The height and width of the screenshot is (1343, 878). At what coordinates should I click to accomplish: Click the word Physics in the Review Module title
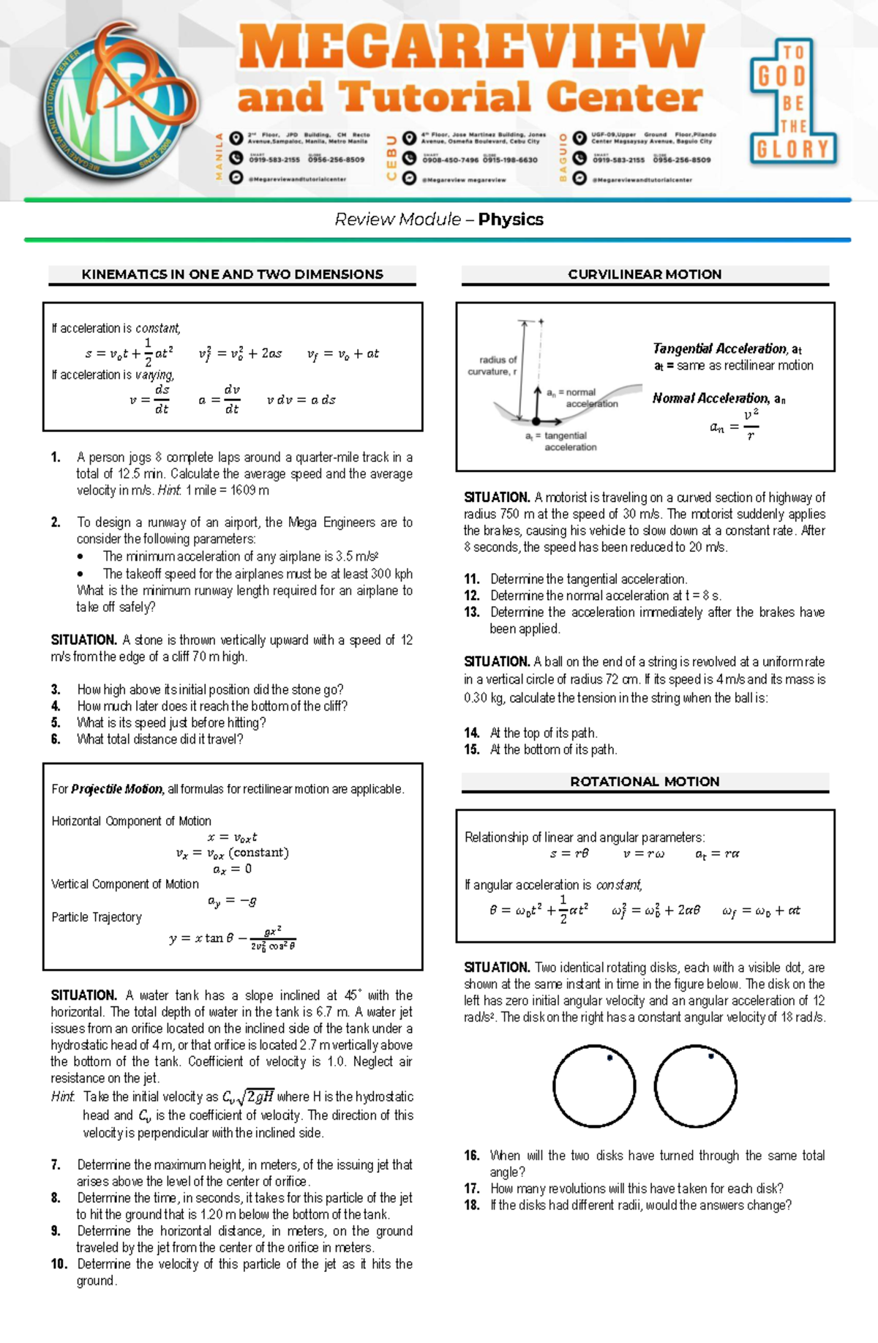pos(511,220)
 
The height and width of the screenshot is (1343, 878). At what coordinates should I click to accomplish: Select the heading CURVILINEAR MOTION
pos(645,274)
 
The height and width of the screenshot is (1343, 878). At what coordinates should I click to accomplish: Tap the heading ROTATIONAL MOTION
pos(645,782)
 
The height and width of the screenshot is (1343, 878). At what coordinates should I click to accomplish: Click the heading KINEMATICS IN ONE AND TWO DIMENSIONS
pos(232,274)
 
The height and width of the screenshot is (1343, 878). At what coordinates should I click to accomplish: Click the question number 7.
pos(56,1164)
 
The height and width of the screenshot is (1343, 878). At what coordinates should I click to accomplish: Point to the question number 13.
pos(472,612)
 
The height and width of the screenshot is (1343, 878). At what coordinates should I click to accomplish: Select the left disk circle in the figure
pos(594,1086)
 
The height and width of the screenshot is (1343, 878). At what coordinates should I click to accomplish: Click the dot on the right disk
pos(710,1056)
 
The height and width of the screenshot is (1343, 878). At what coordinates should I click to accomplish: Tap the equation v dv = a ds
pos(301,400)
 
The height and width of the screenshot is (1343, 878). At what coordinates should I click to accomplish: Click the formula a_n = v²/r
pos(734,425)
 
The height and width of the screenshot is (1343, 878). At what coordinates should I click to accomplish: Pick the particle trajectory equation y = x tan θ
pos(232,938)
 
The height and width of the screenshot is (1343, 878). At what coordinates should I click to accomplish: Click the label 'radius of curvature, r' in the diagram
pos(492,366)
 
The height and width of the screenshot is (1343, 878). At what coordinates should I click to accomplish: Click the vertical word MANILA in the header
pos(218,157)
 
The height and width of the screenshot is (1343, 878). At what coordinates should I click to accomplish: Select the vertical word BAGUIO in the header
pos(563,157)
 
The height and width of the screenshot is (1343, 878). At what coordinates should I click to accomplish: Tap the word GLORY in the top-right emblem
pos(792,150)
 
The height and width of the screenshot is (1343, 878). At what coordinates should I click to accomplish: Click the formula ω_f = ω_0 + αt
pos(760,911)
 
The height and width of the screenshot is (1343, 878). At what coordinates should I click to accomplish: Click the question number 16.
pos(472,1156)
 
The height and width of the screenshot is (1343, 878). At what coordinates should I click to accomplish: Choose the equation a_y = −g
pos(232,901)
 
